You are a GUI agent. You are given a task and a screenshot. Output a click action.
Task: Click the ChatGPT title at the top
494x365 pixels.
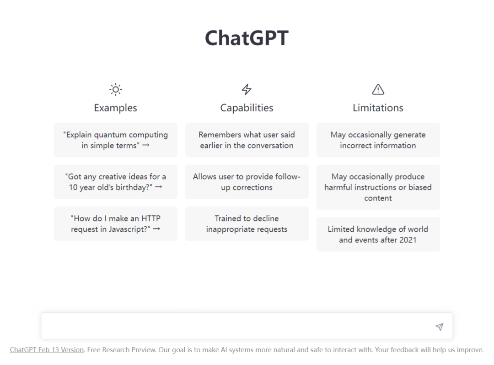pos(247,38)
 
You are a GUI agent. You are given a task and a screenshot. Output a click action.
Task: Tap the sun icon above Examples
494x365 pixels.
pos(116,90)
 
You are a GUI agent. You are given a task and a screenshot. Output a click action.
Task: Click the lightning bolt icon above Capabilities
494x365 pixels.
pos(247,90)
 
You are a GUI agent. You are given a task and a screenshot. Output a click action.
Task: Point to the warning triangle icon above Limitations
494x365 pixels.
pos(378,90)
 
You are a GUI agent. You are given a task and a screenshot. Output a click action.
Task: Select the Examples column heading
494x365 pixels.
pos(116,108)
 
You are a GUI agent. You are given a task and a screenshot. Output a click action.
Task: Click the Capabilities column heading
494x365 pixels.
pos(247,108)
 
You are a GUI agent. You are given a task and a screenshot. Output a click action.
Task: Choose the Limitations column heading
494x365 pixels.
pos(378,108)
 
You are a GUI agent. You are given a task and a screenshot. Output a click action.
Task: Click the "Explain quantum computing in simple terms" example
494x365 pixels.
pos(116,140)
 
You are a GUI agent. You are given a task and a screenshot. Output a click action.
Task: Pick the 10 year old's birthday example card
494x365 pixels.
pos(116,182)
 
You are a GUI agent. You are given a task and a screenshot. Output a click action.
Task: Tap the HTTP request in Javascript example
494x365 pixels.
pos(116,223)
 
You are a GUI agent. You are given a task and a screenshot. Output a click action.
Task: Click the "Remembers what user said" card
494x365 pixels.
pos(247,140)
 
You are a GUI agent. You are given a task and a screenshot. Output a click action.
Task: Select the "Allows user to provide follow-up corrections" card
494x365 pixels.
pos(247,182)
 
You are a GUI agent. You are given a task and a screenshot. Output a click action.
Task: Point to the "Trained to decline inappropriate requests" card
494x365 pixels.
pos(247,223)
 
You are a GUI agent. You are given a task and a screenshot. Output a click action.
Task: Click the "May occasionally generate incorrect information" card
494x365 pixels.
pos(378,140)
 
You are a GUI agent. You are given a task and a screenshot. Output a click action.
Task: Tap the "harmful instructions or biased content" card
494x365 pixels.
pos(378,187)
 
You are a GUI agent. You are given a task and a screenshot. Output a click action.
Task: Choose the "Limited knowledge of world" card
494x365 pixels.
pos(378,234)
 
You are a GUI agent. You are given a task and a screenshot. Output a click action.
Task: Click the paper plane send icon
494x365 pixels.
pos(440,327)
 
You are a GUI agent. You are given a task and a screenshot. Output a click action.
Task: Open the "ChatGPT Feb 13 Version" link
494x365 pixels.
pos(47,350)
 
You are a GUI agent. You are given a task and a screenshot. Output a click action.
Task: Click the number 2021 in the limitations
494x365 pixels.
pos(408,240)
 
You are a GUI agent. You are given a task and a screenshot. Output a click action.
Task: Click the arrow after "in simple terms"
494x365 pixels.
pos(145,145)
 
